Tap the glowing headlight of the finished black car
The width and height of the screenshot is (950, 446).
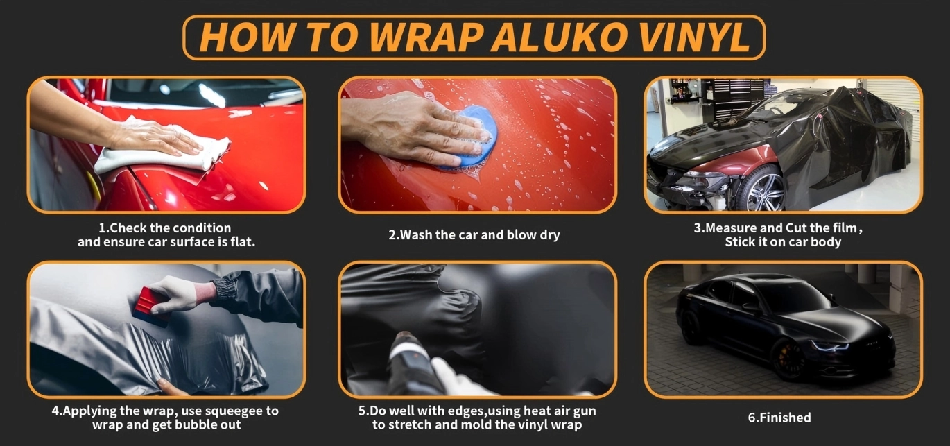coord(830,346)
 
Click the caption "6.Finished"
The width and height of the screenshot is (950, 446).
coord(779,418)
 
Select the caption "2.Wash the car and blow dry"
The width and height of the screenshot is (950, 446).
coord(474,234)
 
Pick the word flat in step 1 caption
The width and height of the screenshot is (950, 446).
coord(243,241)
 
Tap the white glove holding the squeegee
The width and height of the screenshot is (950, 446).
coord(176,293)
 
